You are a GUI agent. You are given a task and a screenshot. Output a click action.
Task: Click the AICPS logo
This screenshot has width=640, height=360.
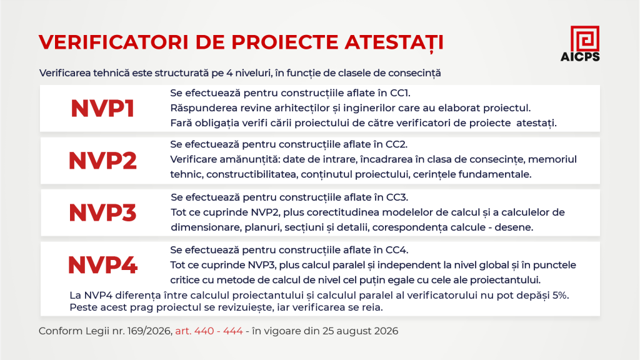pos(580,44)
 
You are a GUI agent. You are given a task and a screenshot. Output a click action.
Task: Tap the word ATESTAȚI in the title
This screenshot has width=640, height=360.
pos(394,42)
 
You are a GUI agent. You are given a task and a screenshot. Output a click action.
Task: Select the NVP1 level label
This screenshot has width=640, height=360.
pos(102,109)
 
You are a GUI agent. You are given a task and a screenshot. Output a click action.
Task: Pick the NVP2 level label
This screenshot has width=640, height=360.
pos(102,161)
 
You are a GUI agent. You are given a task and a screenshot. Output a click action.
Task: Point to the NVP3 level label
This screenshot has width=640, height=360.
pos(102,212)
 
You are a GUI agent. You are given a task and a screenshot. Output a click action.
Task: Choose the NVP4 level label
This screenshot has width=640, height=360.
pos(102,265)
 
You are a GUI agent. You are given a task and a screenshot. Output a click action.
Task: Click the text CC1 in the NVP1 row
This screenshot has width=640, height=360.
pos(400,93)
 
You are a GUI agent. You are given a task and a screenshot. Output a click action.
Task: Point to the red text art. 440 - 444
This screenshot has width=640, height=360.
pos(209,331)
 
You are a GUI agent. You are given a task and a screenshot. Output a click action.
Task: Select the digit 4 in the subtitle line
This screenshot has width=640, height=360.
pos(229,73)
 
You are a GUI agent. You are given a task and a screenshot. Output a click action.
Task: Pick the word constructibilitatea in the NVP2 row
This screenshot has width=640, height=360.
pos(252,175)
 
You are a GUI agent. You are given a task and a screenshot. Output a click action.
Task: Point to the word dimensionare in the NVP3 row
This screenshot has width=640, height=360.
pos(206,227)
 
